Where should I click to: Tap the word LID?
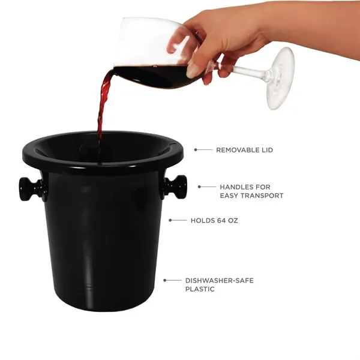pyautogui.click(x=267, y=150)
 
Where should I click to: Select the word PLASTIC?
pyautogui.click(x=200, y=289)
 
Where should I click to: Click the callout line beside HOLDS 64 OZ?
pyautogui.click(x=178, y=220)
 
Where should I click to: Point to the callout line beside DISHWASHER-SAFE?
pyautogui.click(x=173, y=280)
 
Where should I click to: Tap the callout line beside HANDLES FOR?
pyautogui.click(x=207, y=187)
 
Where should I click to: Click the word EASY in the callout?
pyautogui.click(x=230, y=196)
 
